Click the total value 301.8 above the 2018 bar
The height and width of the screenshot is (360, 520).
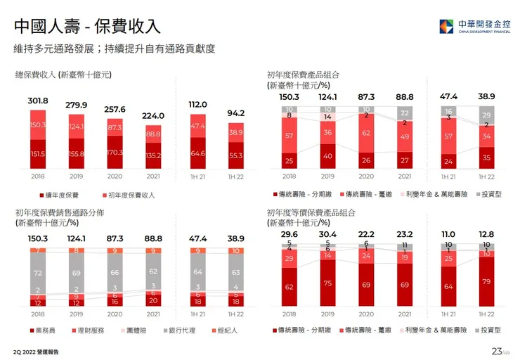38,101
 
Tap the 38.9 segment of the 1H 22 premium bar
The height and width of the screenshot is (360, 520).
236,132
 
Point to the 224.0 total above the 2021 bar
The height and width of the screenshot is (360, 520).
152,116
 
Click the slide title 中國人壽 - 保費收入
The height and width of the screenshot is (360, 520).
87,27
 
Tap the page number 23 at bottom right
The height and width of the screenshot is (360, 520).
496,351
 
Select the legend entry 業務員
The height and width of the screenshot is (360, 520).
43,330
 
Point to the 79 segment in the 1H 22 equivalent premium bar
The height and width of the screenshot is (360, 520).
486,282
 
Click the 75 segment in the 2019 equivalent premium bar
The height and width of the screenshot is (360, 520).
327,283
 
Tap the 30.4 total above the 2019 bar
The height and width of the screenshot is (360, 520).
327,234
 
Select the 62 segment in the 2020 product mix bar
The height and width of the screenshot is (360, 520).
366,132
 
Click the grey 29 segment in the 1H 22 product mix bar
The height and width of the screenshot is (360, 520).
486,115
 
